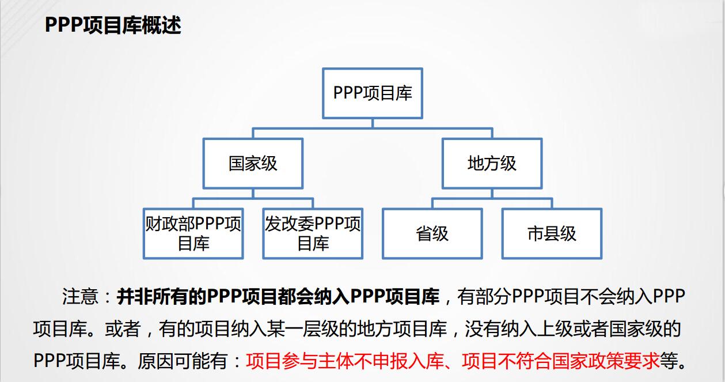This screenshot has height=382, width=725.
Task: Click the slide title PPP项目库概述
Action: [x=113, y=25]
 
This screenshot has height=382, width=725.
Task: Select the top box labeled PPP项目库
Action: [x=373, y=93]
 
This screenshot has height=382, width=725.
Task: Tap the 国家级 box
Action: [x=253, y=164]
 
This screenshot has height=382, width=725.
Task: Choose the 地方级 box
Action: [x=492, y=164]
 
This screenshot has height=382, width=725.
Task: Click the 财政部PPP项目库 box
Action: [x=193, y=233]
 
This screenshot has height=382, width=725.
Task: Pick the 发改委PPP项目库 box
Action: [x=313, y=233]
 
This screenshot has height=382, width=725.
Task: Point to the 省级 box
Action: [x=432, y=233]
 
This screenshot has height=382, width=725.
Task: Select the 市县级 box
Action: [x=552, y=233]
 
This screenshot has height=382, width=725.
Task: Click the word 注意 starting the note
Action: [x=80, y=296]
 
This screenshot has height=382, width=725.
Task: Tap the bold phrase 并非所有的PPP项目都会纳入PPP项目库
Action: [x=278, y=296]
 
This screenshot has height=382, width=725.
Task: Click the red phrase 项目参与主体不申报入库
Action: [x=345, y=361]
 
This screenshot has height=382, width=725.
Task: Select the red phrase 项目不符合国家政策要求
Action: [x=560, y=361]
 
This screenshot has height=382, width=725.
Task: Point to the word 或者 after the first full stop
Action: [x=123, y=329]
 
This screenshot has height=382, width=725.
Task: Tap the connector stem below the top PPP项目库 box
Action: [x=373, y=123]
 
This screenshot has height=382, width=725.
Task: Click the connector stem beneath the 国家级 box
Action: [x=253, y=193]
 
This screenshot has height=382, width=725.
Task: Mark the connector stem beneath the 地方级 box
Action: [x=492, y=193]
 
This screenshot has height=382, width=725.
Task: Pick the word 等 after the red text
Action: [x=669, y=361]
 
